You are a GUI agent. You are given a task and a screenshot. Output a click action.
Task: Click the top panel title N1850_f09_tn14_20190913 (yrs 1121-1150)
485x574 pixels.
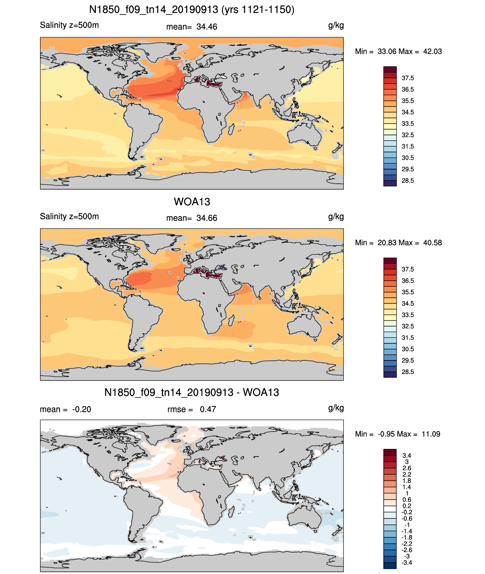pyautogui.click(x=192, y=10)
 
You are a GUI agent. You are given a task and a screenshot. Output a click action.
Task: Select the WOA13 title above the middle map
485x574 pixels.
pyautogui.click(x=192, y=202)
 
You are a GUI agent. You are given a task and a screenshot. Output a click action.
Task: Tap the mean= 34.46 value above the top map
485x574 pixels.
pyautogui.click(x=192, y=27)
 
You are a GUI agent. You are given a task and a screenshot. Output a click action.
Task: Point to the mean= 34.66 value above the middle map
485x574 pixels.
pyautogui.click(x=192, y=218)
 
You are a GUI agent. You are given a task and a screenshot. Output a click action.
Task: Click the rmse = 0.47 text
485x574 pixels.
pyautogui.click(x=192, y=409)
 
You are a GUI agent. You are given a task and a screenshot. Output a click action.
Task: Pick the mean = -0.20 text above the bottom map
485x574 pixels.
pyautogui.click(x=65, y=409)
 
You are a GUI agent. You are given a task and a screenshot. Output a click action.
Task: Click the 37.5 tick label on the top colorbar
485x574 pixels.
pyautogui.click(x=408, y=78)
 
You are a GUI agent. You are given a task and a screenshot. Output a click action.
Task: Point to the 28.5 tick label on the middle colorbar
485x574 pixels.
pyautogui.click(x=408, y=372)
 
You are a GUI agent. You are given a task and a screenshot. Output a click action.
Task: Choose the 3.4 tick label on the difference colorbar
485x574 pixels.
pyautogui.click(x=407, y=455)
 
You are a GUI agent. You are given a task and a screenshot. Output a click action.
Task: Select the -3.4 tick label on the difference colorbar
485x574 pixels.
pyautogui.click(x=407, y=563)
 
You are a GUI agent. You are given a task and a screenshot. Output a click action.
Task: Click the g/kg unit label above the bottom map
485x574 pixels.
pyautogui.click(x=336, y=408)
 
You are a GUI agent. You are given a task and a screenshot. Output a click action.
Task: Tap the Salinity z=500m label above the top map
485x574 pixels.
pyautogui.click(x=69, y=25)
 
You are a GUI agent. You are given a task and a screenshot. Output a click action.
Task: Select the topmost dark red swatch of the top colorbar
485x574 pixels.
pyautogui.click(x=390, y=70)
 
